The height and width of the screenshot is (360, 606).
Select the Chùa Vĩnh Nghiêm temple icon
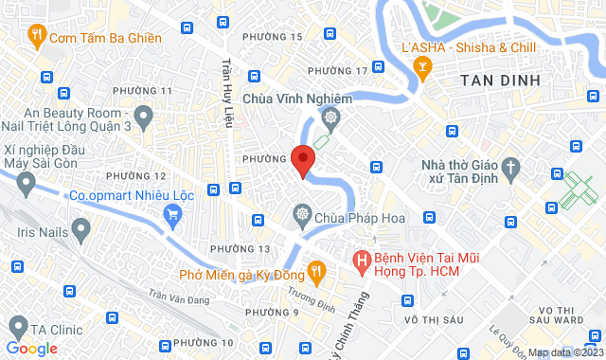330,118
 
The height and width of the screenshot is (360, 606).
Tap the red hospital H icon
361,259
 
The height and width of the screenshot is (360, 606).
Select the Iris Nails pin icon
80,229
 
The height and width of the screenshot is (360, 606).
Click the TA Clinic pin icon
16,328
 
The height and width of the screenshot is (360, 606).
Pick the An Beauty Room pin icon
144,118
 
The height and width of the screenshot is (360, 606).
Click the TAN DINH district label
500,81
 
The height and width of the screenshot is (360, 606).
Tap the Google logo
31,349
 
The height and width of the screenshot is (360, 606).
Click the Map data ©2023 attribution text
564,352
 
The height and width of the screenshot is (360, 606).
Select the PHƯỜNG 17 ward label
337,71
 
